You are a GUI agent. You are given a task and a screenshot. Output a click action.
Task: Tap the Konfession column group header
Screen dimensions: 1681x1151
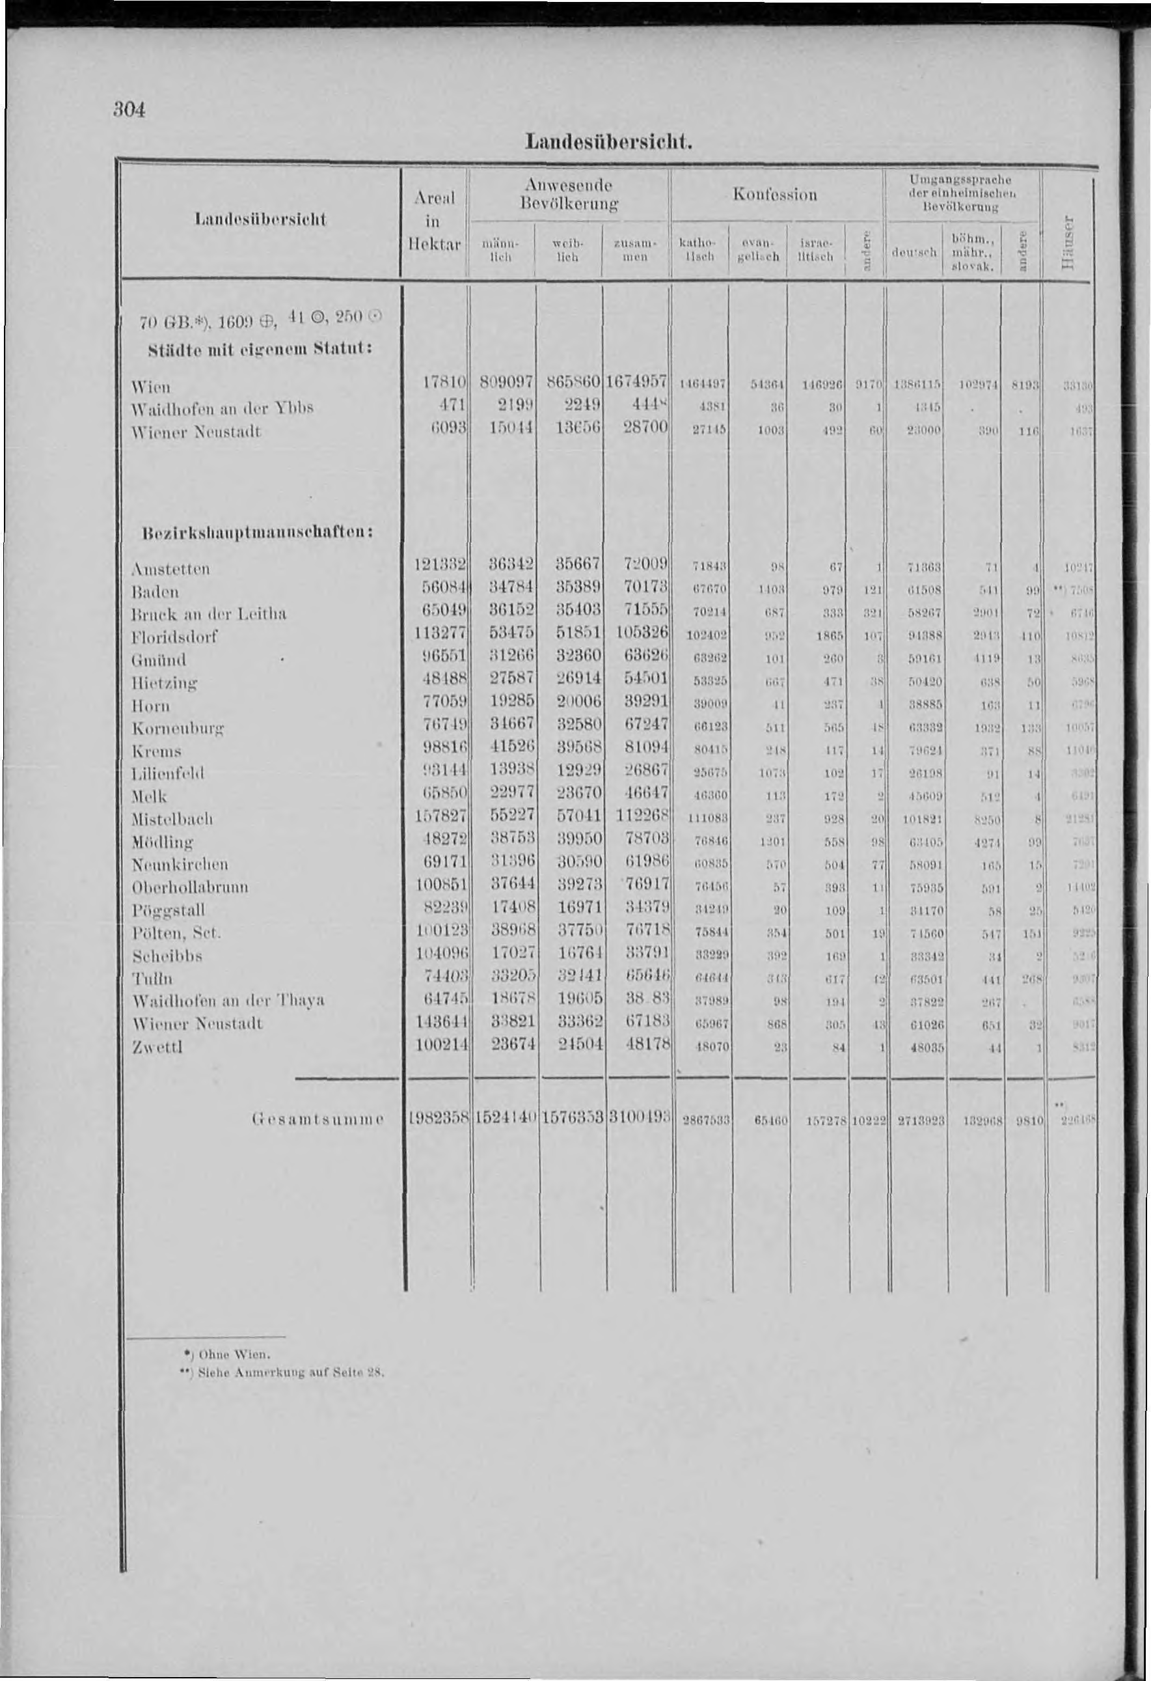[x=775, y=195]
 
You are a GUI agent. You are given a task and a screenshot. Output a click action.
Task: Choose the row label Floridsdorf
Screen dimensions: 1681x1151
[x=176, y=638]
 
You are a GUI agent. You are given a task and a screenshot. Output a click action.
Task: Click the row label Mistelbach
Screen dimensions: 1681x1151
[x=172, y=819]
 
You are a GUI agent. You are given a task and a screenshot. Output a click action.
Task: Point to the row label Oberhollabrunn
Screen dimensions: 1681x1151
[x=191, y=887]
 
